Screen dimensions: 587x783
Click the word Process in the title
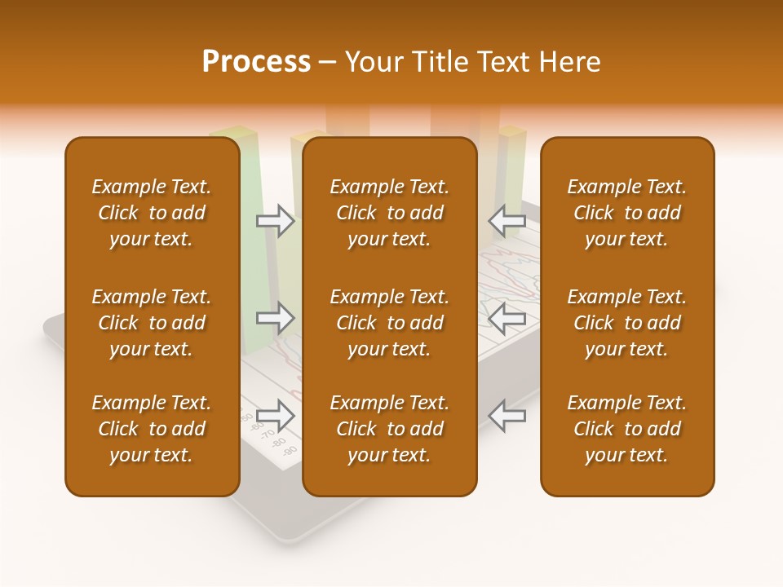coord(256,62)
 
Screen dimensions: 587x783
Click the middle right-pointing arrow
coord(275,318)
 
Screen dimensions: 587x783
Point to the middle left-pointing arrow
coord(507,318)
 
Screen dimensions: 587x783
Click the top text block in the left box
coord(152,213)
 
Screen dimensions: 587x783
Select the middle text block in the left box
coord(152,323)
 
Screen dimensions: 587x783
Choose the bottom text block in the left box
coord(152,429)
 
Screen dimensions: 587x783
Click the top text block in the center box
coord(389,213)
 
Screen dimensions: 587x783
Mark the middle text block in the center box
coord(389,323)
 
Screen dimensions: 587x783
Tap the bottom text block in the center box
coord(389,429)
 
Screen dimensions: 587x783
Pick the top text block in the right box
coord(626,213)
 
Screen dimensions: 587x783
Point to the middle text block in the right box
coord(626,323)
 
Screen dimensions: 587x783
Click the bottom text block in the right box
coord(626,429)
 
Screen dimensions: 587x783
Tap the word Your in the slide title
coord(374,62)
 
